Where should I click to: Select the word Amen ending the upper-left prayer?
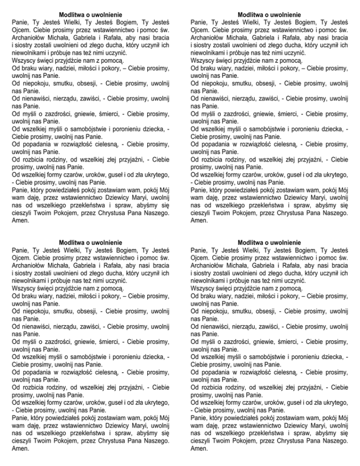click(x=19, y=220)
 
